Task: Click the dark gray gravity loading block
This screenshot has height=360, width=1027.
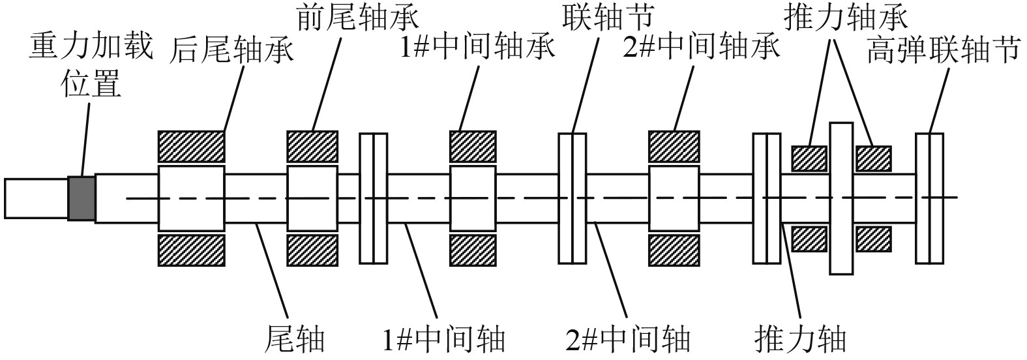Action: pyautogui.click(x=82, y=198)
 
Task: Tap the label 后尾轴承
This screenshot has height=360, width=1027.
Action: pyautogui.click(x=232, y=50)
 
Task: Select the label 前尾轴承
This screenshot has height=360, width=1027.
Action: pyautogui.click(x=357, y=18)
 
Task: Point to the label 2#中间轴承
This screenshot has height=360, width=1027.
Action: pyautogui.click(x=701, y=48)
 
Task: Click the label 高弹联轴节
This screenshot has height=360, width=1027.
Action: pyautogui.click(x=942, y=50)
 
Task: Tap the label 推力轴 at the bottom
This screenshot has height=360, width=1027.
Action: pyautogui.click(x=800, y=339)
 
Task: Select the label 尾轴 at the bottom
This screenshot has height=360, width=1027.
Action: pyautogui.click(x=295, y=339)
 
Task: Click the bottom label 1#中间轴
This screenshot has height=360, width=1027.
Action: pyautogui.click(x=444, y=339)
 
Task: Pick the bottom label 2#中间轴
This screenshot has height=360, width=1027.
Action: pyautogui.click(x=629, y=339)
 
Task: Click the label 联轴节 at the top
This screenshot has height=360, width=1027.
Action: pyautogui.click(x=608, y=18)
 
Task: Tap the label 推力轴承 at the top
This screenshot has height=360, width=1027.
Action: pyautogui.click(x=846, y=18)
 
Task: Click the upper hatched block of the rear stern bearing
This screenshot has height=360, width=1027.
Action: pyautogui.click(x=192, y=147)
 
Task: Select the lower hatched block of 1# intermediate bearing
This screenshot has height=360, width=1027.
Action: pyautogui.click(x=473, y=250)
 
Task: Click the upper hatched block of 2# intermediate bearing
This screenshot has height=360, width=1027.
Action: pyautogui.click(x=674, y=147)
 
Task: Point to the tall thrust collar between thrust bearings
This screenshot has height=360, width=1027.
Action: pyautogui.click(x=841, y=198)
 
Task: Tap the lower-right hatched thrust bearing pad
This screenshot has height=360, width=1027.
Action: pyautogui.click(x=873, y=238)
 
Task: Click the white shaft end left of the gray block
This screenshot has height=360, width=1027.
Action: pyautogui.click(x=36, y=198)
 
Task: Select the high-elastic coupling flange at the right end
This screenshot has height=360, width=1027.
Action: pyautogui.click(x=929, y=198)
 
